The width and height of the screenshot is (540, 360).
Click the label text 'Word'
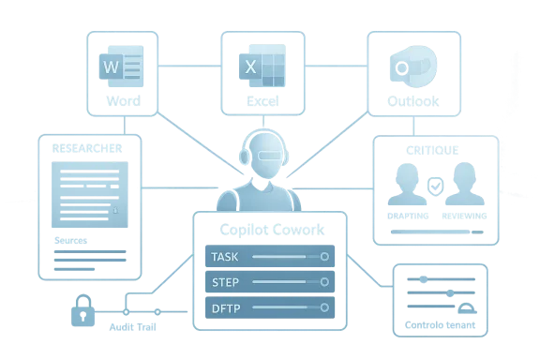pyautogui.click(x=124, y=100)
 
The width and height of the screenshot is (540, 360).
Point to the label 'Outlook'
pyautogui.click(x=413, y=100)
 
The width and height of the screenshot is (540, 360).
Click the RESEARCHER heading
pyautogui.click(x=86, y=149)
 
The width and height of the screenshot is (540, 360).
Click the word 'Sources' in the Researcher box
pyautogui.click(x=72, y=240)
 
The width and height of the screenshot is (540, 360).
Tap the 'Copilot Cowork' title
pyautogui.click(x=271, y=230)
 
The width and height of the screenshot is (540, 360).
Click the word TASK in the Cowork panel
pyautogui.click(x=226, y=256)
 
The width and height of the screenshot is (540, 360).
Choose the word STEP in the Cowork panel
pyautogui.click(x=226, y=281)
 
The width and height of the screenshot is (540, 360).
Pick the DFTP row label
pyautogui.click(x=226, y=307)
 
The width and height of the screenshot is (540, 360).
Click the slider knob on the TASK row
pyautogui.click(x=324, y=256)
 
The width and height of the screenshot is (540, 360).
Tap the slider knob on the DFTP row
pyautogui.click(x=324, y=307)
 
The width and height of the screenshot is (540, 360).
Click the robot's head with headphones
pyautogui.click(x=266, y=151)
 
